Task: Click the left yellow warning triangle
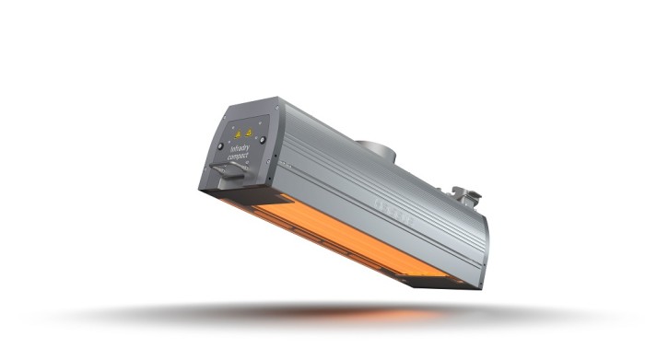[x=234, y=131]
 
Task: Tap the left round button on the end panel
[x=220, y=145]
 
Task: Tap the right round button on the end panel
[x=263, y=140]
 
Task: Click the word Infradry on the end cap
[x=241, y=148]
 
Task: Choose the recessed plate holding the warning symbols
[x=240, y=129]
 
